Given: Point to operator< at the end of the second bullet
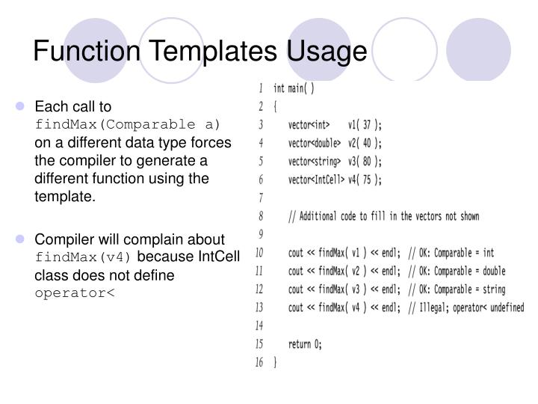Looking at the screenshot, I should point(75,292).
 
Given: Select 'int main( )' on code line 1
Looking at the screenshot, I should point(294,88).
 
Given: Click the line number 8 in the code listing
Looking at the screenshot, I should point(261,215).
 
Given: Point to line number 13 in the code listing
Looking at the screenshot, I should point(259,307).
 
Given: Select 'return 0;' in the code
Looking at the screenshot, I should point(305,343).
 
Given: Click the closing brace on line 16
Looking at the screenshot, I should point(276,362).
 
